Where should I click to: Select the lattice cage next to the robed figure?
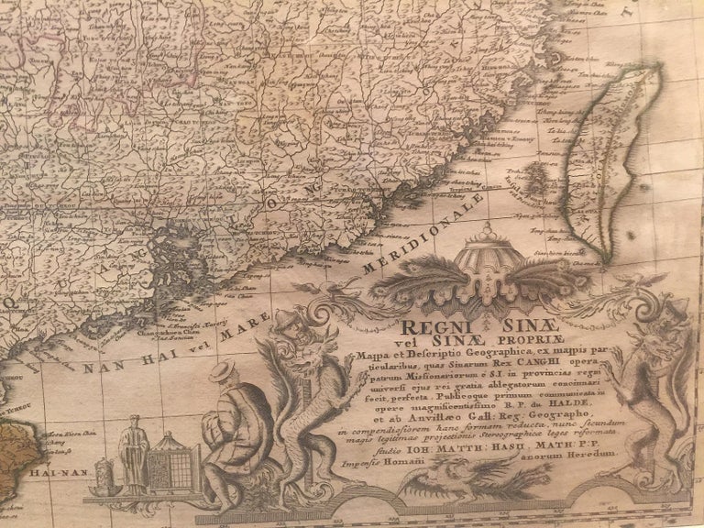coord(174,466)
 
